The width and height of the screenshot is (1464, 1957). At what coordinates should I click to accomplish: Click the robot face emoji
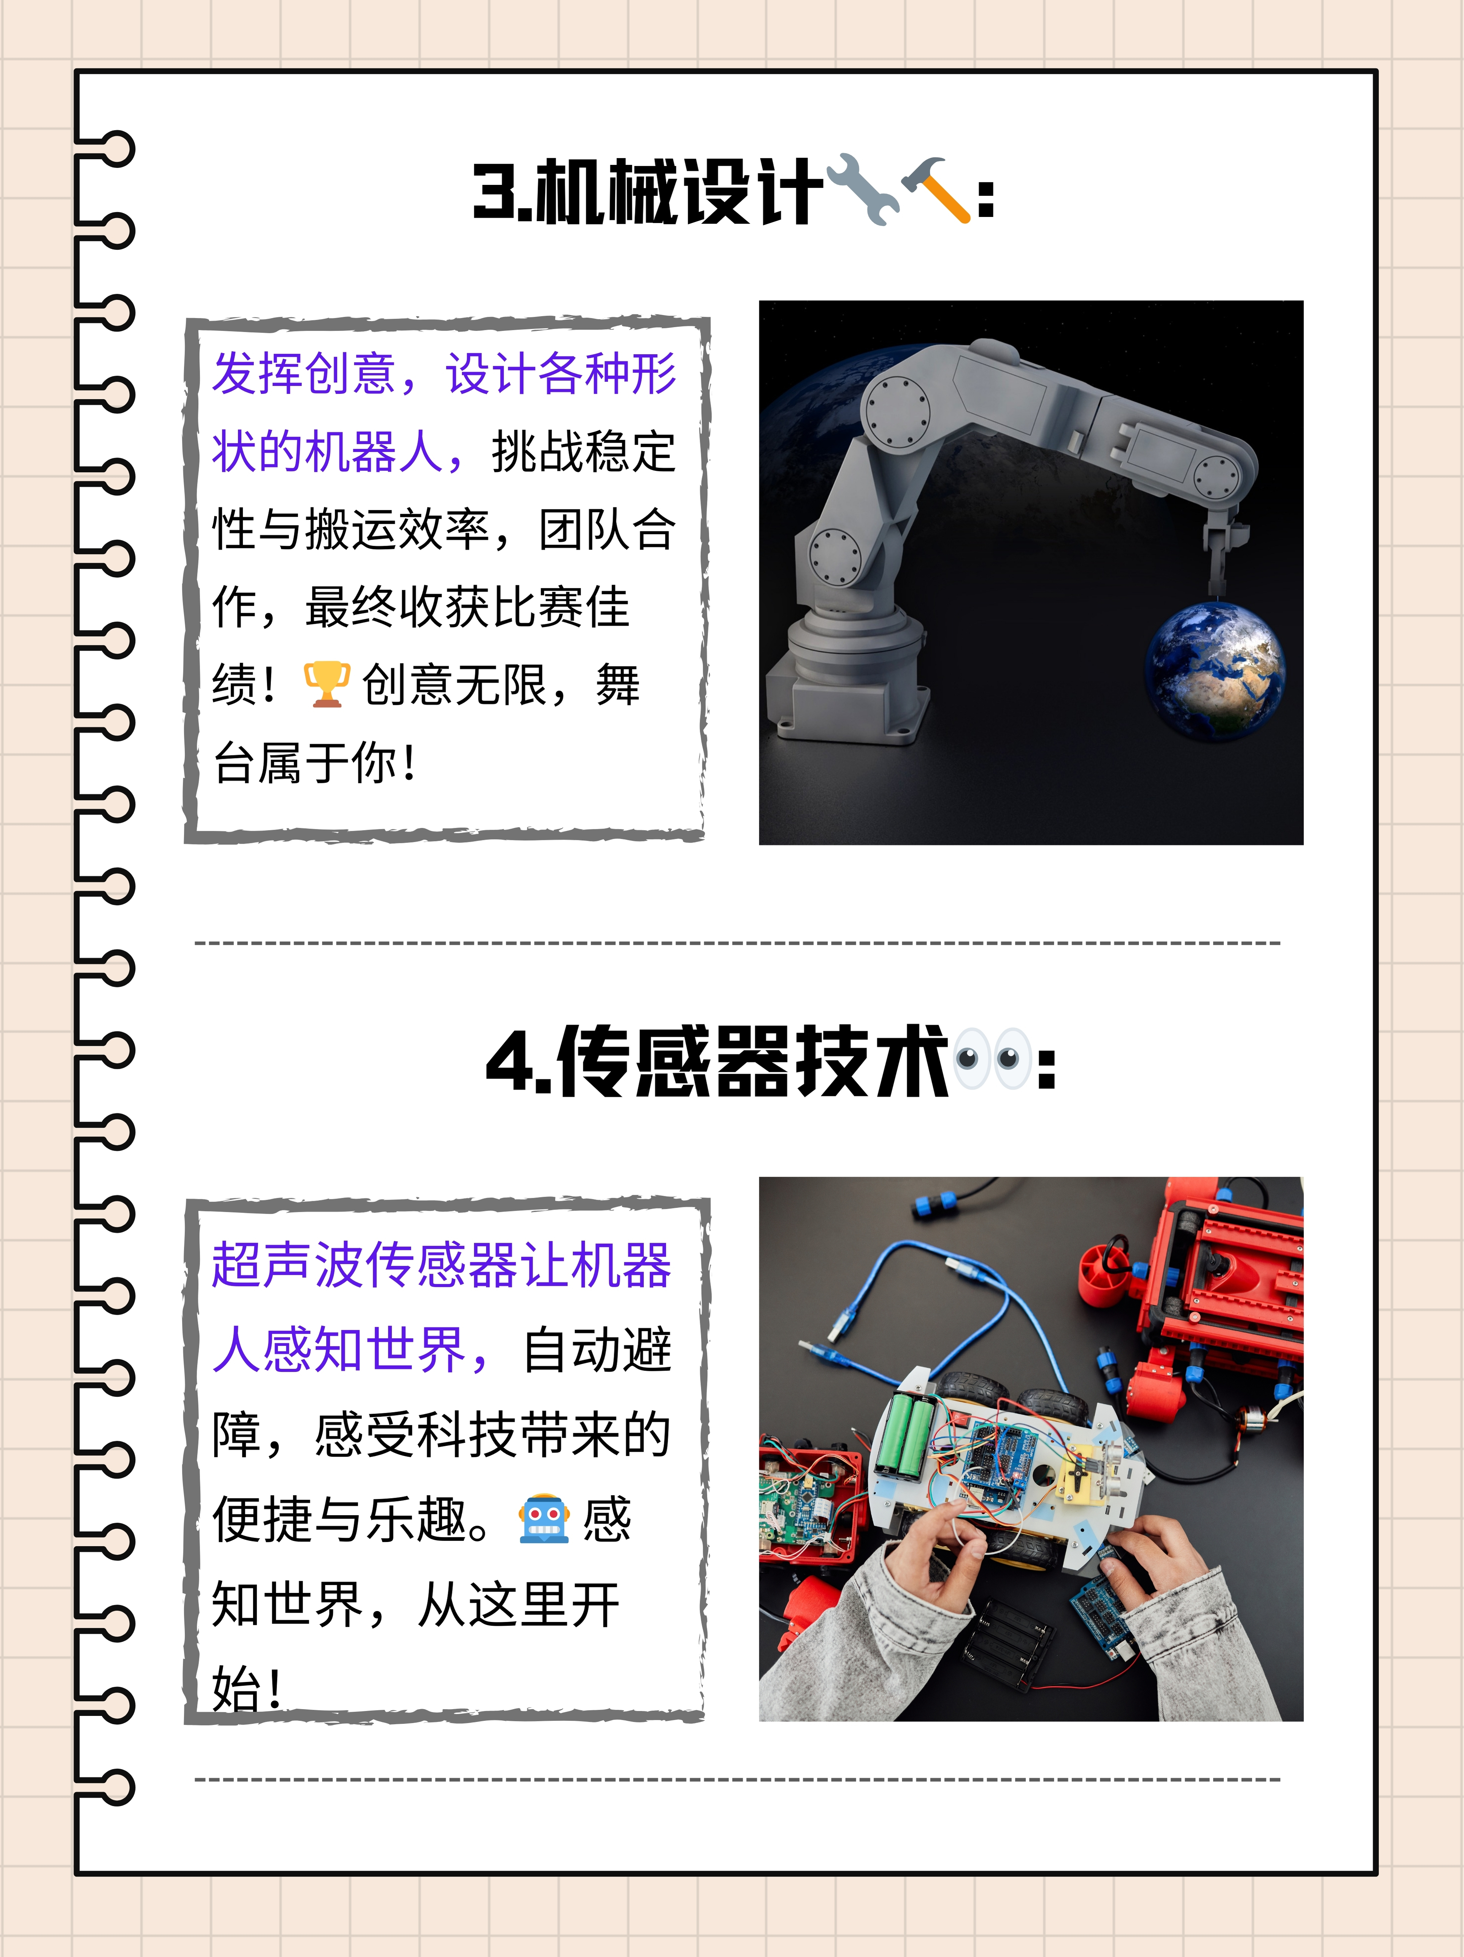coord(543,1519)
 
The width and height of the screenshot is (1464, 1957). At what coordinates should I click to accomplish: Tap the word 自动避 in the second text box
coord(597,1351)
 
